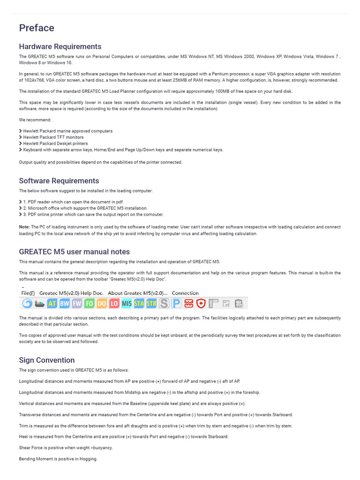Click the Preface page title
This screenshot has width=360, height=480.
coord(37,28)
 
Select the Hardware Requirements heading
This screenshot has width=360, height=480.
coord(60,46)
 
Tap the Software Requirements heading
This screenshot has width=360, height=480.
coord(59,181)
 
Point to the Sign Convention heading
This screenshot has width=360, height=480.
coord(47,360)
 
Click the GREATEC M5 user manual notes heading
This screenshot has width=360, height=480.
coord(75,252)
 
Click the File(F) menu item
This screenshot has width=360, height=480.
coord(28,293)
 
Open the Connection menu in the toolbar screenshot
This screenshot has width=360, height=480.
coord(185,293)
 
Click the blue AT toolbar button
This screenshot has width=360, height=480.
coord(52,304)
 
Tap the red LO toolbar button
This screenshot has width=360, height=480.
coord(114,304)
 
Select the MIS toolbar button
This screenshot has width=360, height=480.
coord(127,304)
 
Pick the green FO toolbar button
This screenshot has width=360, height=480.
coord(89,304)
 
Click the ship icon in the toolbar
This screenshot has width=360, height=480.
coord(39,304)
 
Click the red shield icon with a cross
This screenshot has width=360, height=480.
coord(201,304)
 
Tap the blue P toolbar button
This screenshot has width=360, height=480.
coord(176,304)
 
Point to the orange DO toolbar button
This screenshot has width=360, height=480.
coord(102,304)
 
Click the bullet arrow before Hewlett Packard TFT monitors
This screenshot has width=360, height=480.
coord(21,137)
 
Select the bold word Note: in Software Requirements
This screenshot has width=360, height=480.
coord(24,227)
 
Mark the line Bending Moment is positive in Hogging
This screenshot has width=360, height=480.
coord(58,459)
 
